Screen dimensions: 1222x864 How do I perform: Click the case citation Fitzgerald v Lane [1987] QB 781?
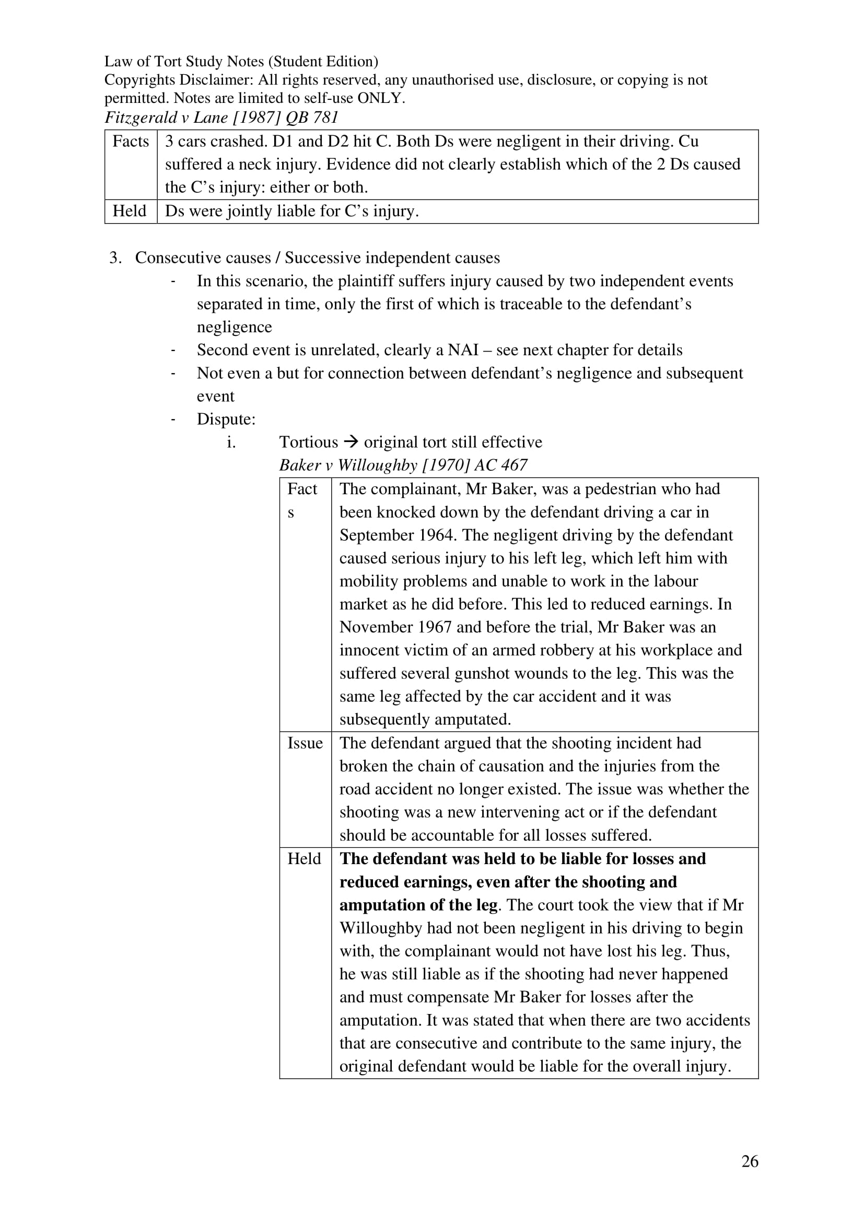[221, 117]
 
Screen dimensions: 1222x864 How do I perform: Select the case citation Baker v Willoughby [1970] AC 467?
[403, 465]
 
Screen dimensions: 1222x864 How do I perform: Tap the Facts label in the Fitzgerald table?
[131, 142]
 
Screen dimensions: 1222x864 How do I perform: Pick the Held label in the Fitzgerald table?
[129, 211]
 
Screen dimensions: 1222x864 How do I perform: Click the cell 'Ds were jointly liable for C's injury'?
[291, 211]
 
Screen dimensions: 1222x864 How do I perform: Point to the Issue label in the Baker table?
[305, 743]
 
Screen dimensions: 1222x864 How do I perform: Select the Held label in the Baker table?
[304, 859]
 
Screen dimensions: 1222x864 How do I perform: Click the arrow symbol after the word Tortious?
[351, 443]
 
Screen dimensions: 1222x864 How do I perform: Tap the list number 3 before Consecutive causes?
[115, 258]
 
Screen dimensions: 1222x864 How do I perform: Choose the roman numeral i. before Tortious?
[231, 443]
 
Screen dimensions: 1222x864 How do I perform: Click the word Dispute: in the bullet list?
[226, 420]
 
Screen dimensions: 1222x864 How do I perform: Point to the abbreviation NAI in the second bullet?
[463, 350]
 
